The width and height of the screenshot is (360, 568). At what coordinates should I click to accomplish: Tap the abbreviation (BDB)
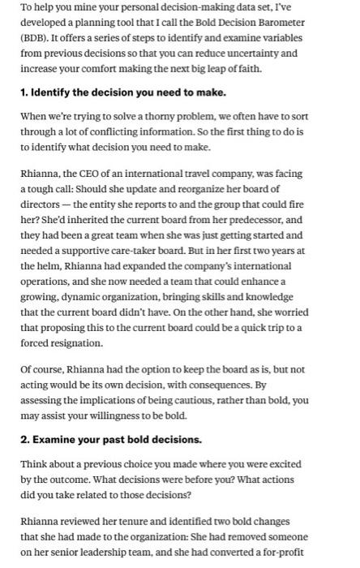[x=37, y=38]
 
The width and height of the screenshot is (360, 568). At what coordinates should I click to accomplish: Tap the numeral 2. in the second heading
[x=26, y=439]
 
